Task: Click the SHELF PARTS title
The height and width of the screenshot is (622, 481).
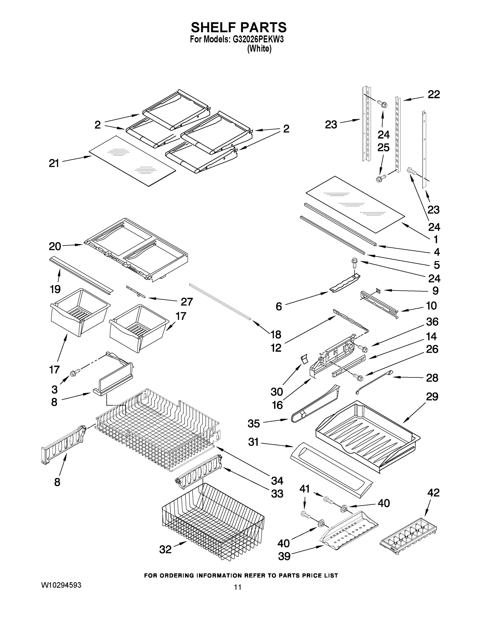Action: [239, 28]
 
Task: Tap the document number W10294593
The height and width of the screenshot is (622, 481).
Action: [61, 585]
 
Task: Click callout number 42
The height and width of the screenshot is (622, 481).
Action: [433, 493]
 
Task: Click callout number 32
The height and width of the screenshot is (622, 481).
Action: [165, 549]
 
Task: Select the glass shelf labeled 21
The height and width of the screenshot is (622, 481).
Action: [132, 161]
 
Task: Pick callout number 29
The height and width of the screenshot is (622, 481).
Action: [432, 397]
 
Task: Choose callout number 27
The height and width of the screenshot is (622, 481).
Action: [187, 302]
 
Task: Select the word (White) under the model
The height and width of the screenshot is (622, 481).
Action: [259, 49]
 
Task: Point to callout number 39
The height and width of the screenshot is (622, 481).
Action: [284, 556]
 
